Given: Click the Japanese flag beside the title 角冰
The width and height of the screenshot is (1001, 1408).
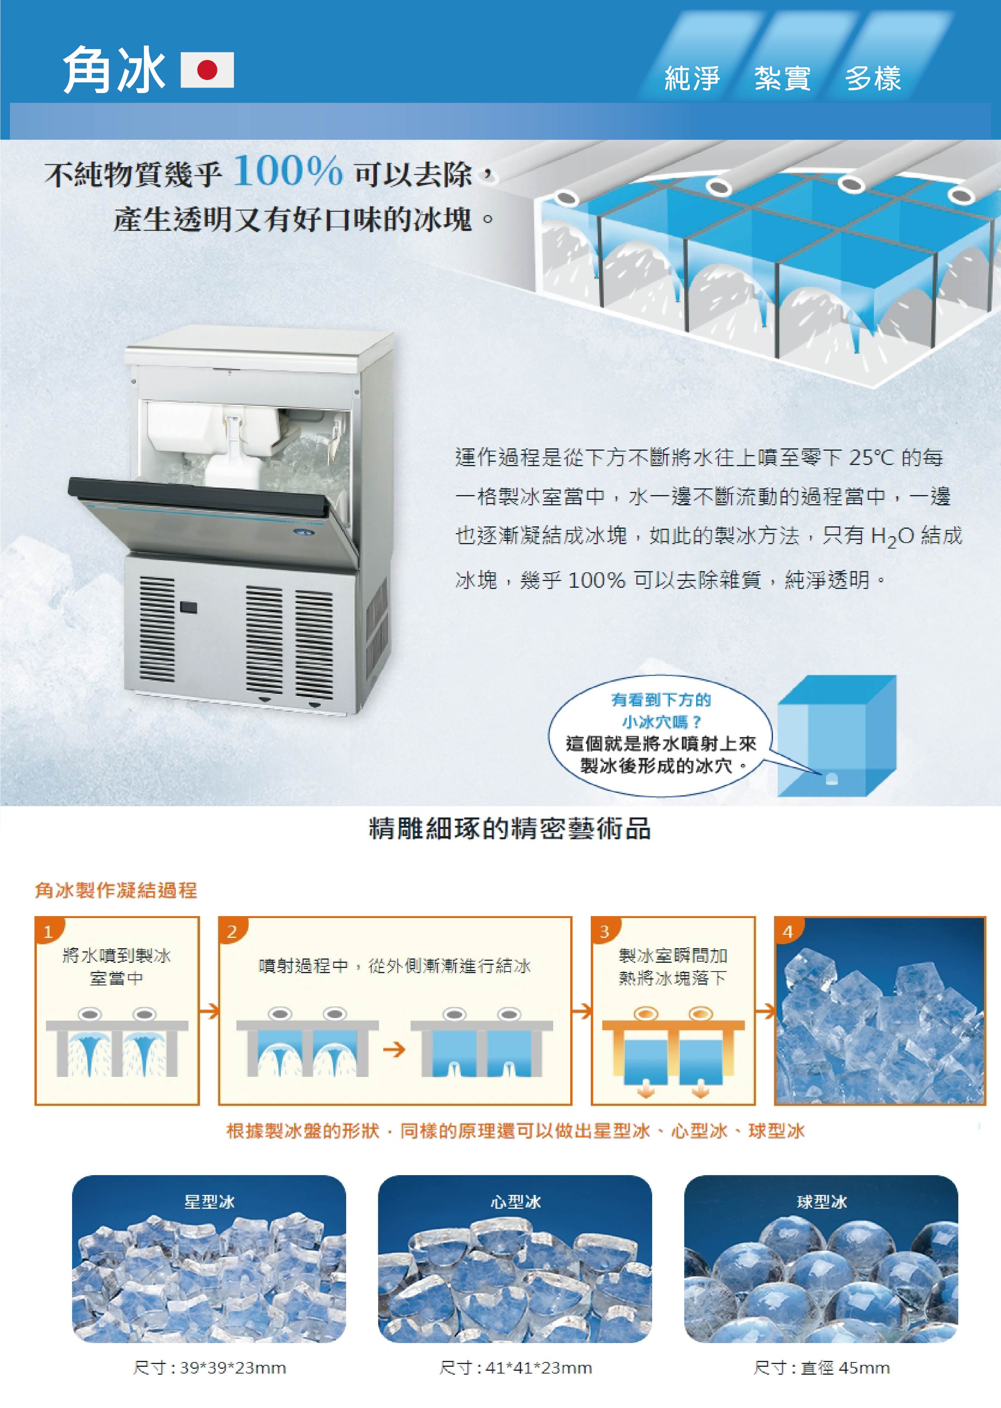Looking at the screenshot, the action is [207, 70].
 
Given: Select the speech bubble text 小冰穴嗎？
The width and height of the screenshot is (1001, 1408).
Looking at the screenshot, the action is [661, 721].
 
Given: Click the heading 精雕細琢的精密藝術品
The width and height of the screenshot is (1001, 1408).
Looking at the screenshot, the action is [510, 829].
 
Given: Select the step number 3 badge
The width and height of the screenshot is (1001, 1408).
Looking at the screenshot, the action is [605, 931].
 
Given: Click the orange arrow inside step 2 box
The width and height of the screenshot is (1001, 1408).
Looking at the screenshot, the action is [394, 1049].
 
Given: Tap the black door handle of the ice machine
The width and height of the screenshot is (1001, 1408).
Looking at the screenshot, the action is [197, 496].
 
